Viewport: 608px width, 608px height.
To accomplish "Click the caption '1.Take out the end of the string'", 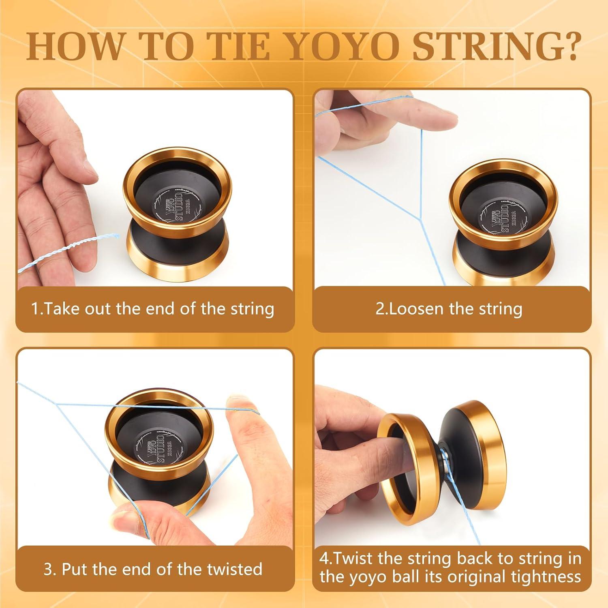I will [x=153, y=309].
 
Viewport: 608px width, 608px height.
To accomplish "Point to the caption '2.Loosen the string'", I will [x=449, y=309].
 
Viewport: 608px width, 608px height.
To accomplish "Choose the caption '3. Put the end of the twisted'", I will [x=153, y=569].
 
